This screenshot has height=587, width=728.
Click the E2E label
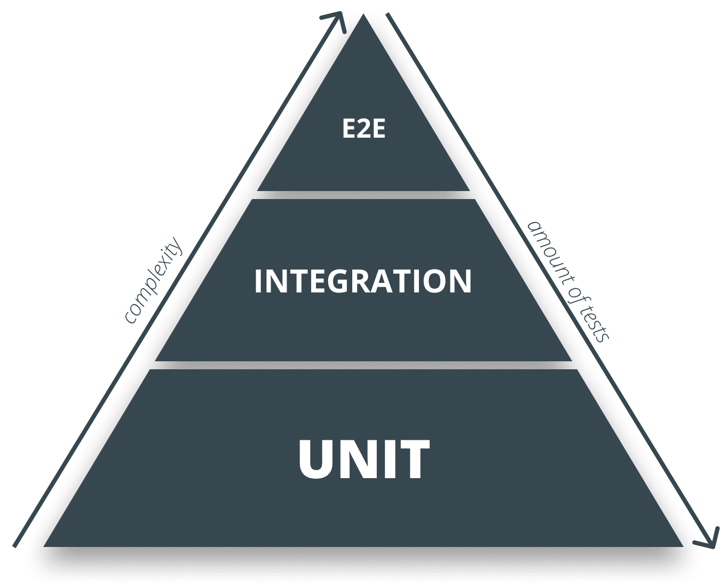pyautogui.click(x=363, y=129)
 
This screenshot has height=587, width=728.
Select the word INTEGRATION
pyautogui.click(x=363, y=281)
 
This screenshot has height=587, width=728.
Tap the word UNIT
pyautogui.click(x=364, y=459)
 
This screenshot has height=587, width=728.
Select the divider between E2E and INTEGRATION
pyautogui.click(x=363, y=195)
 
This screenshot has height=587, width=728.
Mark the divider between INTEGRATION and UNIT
pyautogui.click(x=363, y=365)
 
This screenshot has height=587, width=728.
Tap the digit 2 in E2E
pyautogui.click(x=363, y=129)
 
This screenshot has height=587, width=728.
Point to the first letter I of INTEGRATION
pyautogui.click(x=259, y=281)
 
